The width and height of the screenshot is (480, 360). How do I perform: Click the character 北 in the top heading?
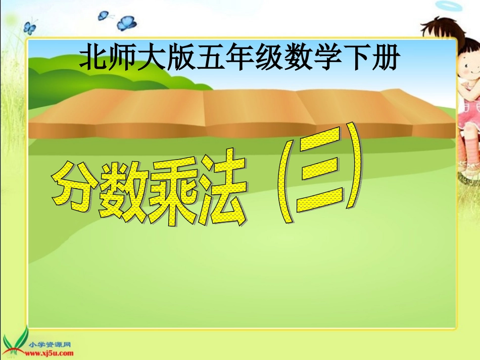point(93,59)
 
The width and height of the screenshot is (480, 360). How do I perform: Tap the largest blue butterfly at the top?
point(126,23)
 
